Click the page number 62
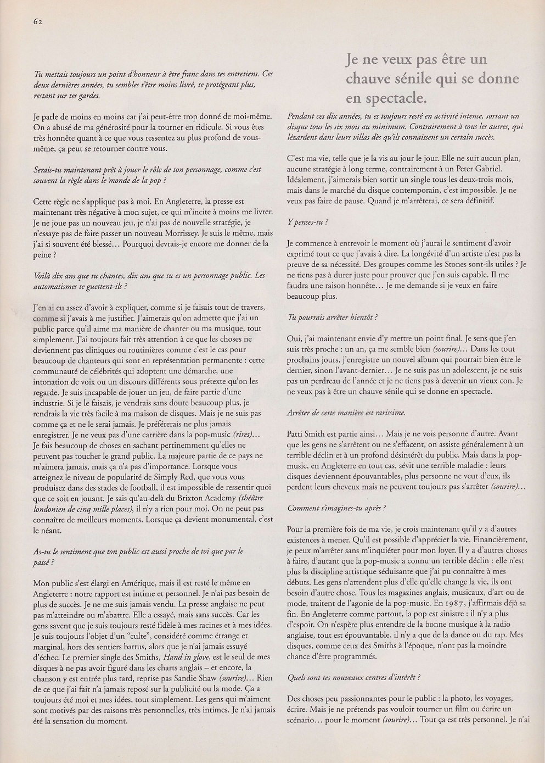tap(38, 21)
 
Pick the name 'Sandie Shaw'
tap(192, 678)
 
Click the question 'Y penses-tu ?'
tap(308, 222)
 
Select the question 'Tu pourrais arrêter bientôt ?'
tap(333, 318)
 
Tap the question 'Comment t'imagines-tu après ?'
tap(336, 508)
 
